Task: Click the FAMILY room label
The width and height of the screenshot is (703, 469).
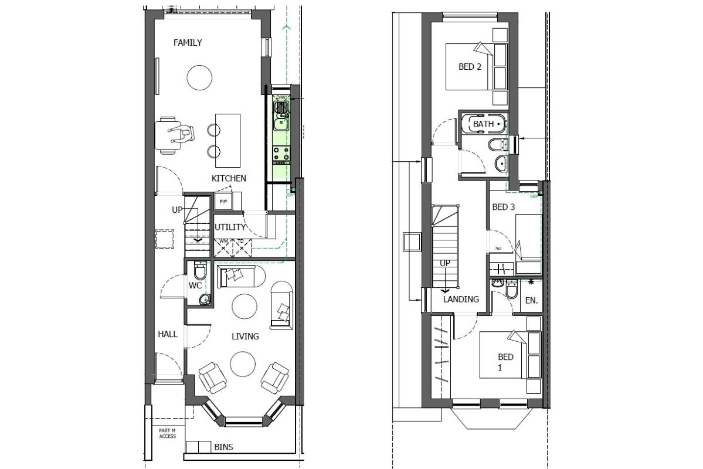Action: click(188, 42)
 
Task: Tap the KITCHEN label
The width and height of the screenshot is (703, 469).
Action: click(229, 178)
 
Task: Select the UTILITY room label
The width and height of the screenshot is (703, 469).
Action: click(230, 227)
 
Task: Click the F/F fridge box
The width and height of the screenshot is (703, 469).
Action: click(223, 202)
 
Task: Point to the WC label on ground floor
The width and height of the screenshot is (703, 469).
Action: click(195, 286)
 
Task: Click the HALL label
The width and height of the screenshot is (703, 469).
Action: click(167, 334)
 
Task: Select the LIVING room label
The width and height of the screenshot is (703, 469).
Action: click(245, 337)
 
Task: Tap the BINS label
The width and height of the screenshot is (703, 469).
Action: click(223, 447)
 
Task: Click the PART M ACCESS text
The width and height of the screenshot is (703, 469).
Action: click(167, 433)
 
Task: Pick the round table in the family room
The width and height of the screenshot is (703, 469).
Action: click(199, 76)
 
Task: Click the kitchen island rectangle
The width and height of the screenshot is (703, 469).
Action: click(227, 140)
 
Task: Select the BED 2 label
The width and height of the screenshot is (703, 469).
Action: click(470, 67)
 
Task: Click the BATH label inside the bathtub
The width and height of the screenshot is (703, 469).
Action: click(483, 124)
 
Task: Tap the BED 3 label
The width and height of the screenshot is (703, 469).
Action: click(503, 207)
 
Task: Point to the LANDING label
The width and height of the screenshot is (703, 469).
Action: click(461, 299)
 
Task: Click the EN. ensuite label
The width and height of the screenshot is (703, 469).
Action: click(531, 301)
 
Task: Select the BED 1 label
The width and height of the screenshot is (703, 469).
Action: click(505, 362)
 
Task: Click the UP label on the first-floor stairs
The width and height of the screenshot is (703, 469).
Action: click(445, 263)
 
